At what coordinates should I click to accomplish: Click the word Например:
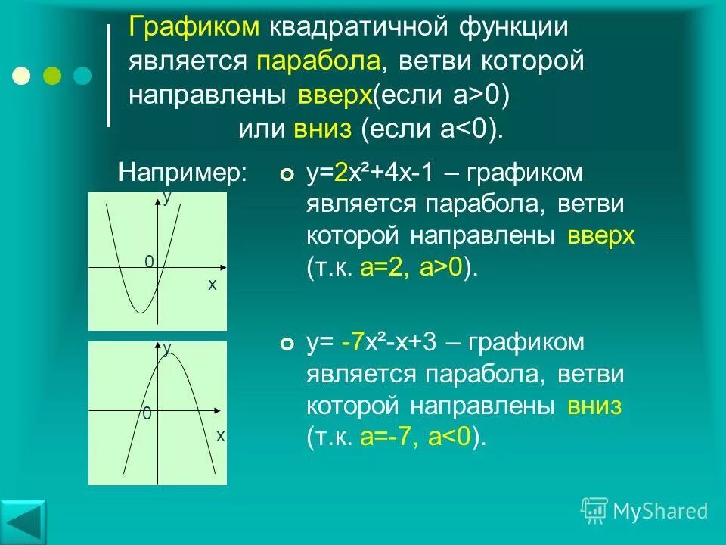coord(183,172)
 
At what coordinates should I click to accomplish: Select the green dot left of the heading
coord(52,76)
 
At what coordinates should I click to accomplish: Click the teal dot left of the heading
coord(82,76)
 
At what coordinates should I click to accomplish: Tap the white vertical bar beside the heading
coord(110,75)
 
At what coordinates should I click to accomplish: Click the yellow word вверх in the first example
coord(601,236)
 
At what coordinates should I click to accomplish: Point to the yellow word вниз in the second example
coord(594,406)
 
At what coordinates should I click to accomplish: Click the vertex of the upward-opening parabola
coord(141,311)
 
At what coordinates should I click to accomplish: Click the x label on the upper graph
coord(213,285)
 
